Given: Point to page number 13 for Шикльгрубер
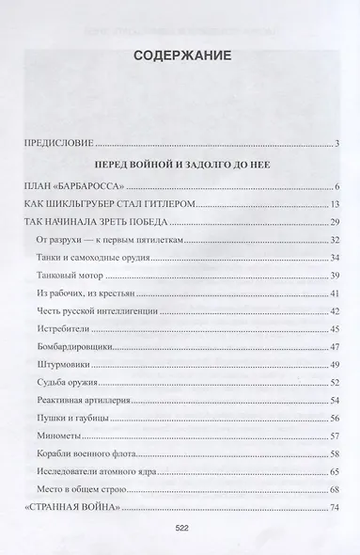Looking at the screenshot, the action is (334, 204).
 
